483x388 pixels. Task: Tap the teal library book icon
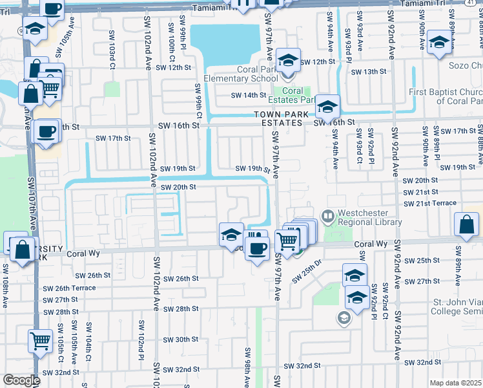(328, 215)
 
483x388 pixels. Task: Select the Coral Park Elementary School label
(241, 74)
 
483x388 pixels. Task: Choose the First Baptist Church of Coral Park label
(446, 96)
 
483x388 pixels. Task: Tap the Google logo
(21, 380)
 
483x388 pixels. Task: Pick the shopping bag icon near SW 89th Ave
(466, 225)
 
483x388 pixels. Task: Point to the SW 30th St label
(181, 339)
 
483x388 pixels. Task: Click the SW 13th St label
(369, 72)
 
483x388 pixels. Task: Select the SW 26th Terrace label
(69, 288)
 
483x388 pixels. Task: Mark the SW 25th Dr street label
(307, 271)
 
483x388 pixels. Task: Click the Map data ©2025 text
(456, 383)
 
